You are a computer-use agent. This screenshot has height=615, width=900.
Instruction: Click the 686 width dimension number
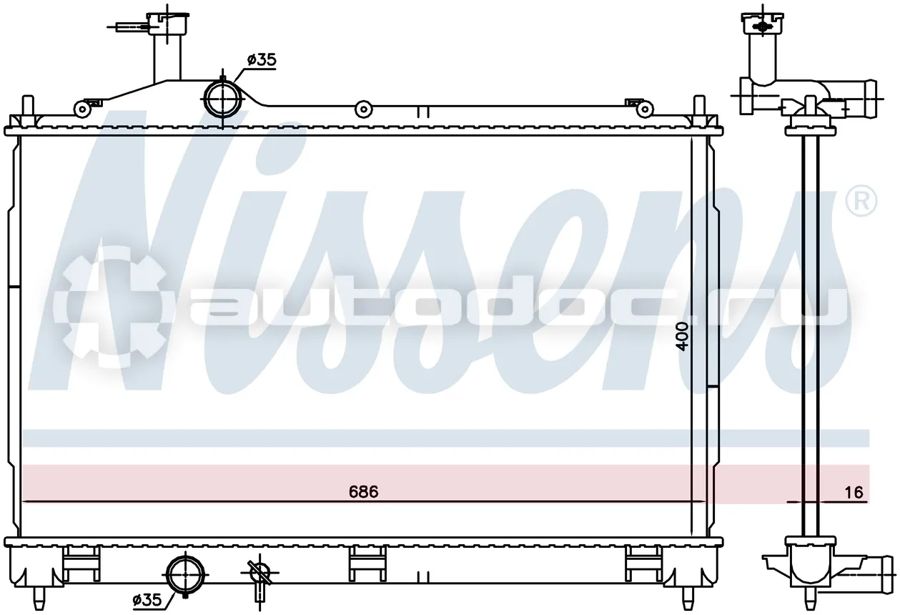coord(364,491)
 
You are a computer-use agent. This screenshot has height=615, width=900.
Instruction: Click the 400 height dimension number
coord(682,337)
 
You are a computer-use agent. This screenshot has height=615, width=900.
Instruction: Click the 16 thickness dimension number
coord(854,492)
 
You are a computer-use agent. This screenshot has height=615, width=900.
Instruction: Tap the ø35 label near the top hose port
coord(262,60)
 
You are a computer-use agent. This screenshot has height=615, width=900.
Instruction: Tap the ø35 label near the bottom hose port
coord(147,600)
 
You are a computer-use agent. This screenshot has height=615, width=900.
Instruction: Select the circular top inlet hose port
coord(222,99)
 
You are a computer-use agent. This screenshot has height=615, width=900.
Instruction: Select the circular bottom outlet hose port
coord(185,575)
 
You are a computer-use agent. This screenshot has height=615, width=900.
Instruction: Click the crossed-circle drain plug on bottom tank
coord(260,572)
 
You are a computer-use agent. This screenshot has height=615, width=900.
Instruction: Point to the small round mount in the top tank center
coord(363,109)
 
